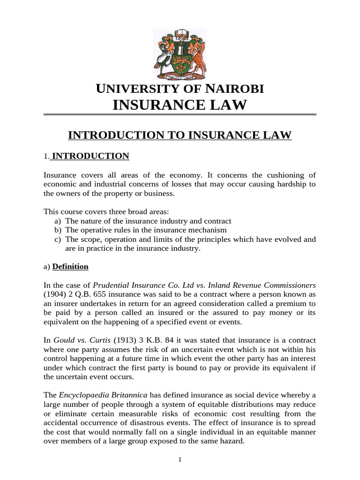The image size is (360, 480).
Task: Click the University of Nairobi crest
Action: (180, 53)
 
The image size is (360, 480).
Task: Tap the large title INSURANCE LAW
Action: (180, 105)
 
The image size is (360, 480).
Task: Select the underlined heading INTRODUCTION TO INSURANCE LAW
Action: (180, 135)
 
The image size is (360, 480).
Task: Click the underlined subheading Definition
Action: (70, 267)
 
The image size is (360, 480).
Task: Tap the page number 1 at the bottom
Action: (180, 460)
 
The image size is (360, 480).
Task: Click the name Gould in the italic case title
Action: (64, 340)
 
